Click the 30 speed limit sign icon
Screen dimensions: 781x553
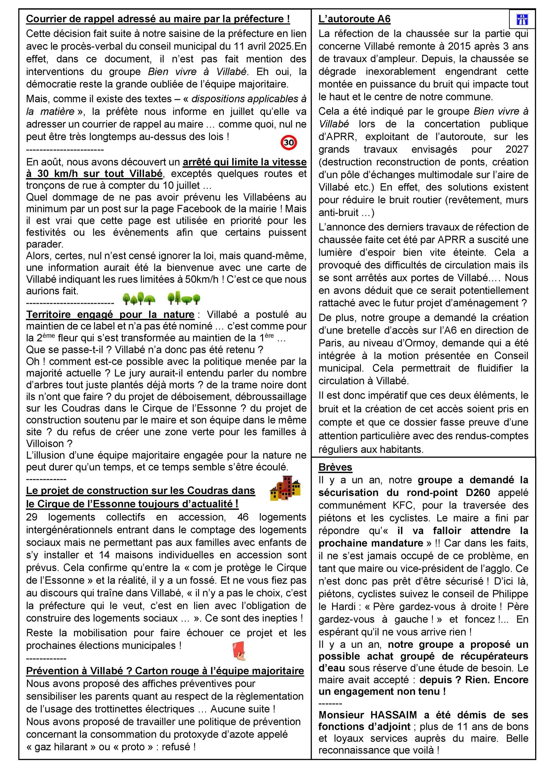(x=289, y=142)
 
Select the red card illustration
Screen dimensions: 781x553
(x=239, y=651)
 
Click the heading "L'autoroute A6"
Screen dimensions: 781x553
(x=354, y=19)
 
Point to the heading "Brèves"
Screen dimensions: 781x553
(x=335, y=467)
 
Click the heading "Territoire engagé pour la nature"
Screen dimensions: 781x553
(x=110, y=314)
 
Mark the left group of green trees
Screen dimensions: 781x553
(x=139, y=299)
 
